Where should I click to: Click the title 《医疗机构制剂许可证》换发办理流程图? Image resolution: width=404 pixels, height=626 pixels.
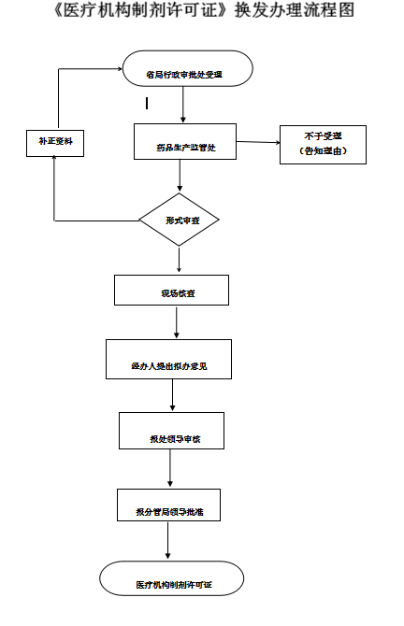tap(202, 13)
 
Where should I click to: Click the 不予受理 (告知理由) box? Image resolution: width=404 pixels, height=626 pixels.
tap(323, 144)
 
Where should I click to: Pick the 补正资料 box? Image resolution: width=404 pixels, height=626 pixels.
tap(55, 143)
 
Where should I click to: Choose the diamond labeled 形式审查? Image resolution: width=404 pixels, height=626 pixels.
tap(179, 221)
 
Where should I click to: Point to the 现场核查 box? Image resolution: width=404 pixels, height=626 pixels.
tap(170, 291)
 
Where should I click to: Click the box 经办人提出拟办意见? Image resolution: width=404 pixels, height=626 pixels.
tap(168, 359)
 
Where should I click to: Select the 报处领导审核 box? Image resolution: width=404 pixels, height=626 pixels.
tap(171, 430)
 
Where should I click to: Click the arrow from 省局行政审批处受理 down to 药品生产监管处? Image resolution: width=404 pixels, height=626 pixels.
tap(182, 106)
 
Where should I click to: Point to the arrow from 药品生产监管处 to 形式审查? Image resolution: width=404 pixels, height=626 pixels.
tap(180, 178)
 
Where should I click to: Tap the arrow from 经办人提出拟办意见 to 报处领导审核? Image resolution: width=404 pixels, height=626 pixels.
tap(172, 394)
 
